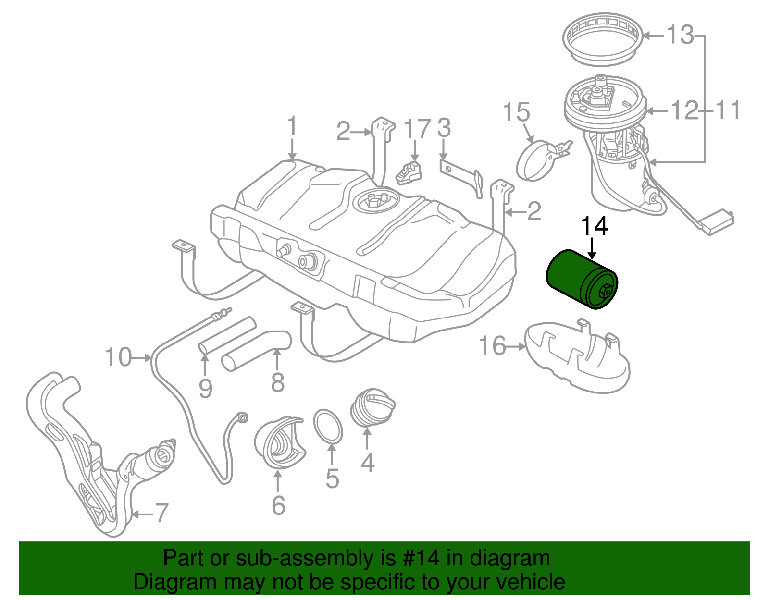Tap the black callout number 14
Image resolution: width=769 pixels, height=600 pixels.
pos(595,226)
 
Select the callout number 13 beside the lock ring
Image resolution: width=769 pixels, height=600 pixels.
pos(681,35)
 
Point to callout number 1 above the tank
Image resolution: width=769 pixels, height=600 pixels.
pos(292,127)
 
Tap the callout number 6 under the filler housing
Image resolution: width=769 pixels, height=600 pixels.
pos(278,505)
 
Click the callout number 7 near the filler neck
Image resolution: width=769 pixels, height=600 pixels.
pos(161,513)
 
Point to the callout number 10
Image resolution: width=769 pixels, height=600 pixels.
pos(118,357)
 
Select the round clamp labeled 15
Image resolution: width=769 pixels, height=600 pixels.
pos(534,161)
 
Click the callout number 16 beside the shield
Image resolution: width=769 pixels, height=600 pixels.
pos(492,346)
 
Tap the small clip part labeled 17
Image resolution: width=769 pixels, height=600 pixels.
pos(409,173)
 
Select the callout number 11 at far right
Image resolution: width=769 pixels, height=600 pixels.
pos(728,110)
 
